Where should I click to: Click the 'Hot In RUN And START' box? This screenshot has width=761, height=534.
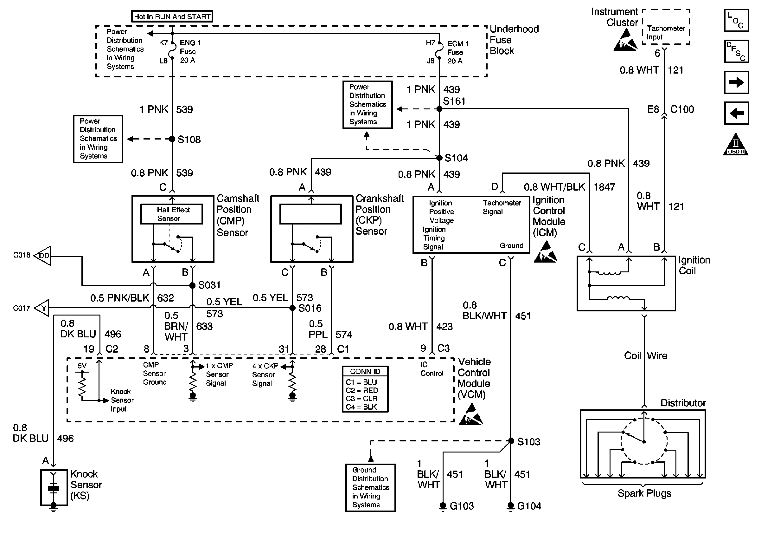pyautogui.click(x=172, y=16)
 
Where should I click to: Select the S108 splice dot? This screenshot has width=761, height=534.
pyautogui.click(x=172, y=139)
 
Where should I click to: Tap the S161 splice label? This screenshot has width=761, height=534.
pyautogui.click(x=454, y=101)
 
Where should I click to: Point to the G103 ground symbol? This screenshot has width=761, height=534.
pyautogui.click(x=443, y=506)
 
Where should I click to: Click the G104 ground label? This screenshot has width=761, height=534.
pyautogui.click(x=529, y=506)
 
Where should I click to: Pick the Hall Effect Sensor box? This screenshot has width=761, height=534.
pyautogui.click(x=171, y=214)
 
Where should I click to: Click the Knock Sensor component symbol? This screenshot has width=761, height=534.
pyautogui.click(x=54, y=488)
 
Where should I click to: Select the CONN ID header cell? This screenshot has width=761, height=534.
pyautogui.click(x=365, y=371)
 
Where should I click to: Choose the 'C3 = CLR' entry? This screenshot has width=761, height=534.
pyautogui.click(x=361, y=398)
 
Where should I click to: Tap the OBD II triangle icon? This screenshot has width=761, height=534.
pyautogui.click(x=736, y=145)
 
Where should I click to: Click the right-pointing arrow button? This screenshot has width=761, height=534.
pyautogui.click(x=736, y=82)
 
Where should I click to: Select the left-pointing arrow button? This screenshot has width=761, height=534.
pyautogui.click(x=736, y=113)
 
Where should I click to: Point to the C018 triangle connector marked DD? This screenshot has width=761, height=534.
pyautogui.click(x=43, y=256)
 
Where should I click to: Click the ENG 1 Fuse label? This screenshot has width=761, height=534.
pyautogui.click(x=190, y=51)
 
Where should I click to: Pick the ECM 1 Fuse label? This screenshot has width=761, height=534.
pyautogui.click(x=457, y=52)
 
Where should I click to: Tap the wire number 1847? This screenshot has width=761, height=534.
pyautogui.click(x=604, y=187)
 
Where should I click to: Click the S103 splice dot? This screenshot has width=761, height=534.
pyautogui.click(x=511, y=441)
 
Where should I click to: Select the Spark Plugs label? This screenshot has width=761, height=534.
pyautogui.click(x=644, y=493)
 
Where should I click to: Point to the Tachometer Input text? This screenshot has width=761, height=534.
pyautogui.click(x=666, y=33)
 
